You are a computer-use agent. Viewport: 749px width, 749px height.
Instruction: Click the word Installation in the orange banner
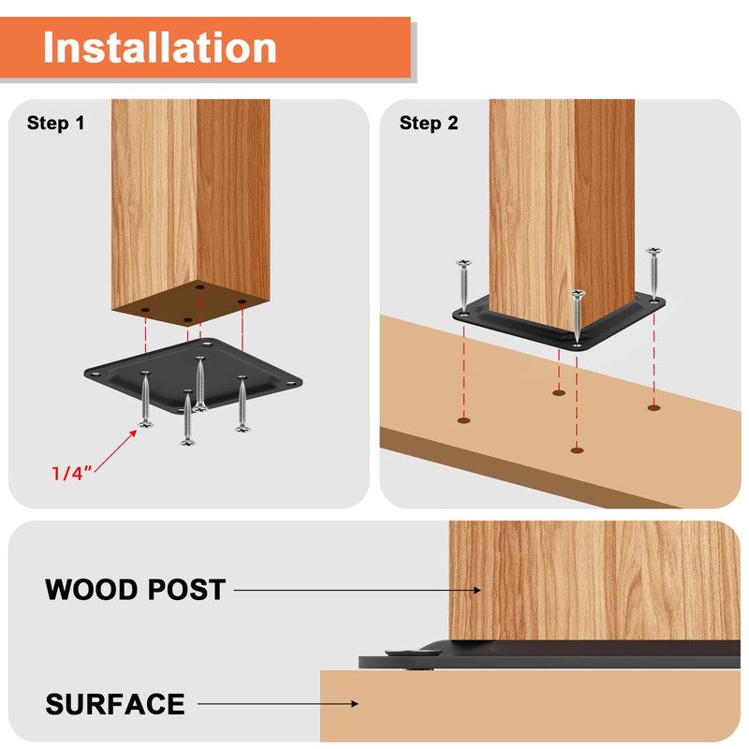point(159,47)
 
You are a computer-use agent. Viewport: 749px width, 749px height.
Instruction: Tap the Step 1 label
point(55,123)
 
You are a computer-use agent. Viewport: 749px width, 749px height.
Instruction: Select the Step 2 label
point(429,123)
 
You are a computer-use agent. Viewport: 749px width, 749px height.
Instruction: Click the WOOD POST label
point(135,590)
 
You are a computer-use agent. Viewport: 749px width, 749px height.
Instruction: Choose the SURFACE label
point(115,703)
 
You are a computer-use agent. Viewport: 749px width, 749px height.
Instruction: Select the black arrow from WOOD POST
point(356,590)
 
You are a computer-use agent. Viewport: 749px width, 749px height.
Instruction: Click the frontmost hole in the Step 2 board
point(576,450)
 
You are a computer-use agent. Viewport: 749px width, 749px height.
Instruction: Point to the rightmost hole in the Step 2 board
point(654,407)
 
